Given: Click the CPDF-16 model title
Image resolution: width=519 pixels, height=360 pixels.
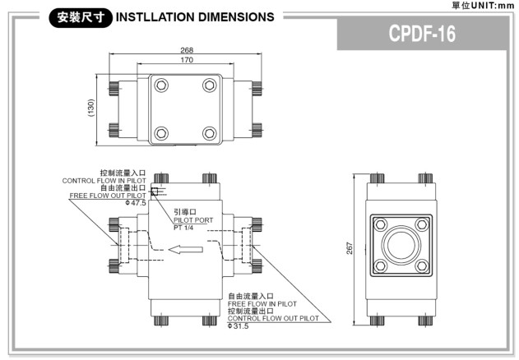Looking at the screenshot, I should pos(422,35).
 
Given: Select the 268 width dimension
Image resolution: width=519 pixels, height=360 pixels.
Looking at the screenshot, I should pos(187,51).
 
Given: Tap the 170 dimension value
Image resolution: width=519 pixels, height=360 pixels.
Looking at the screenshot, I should pos(187,59).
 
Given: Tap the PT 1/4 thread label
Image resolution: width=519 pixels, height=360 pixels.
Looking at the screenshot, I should pos(183,228).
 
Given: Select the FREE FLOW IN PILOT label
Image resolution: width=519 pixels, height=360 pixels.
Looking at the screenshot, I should pos(262,303).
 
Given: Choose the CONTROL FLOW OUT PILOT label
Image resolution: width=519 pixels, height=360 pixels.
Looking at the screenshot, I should pos(273,317).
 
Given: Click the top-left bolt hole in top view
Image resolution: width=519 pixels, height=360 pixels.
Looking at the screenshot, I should pos(162,85).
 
